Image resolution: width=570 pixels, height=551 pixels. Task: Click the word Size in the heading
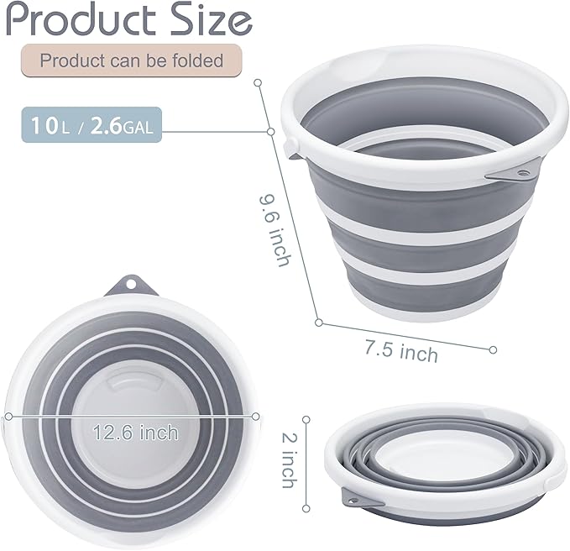210,19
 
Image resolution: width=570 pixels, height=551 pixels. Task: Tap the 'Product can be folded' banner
132,60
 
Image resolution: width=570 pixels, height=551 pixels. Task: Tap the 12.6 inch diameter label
136,433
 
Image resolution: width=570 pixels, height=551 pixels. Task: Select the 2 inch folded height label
287,458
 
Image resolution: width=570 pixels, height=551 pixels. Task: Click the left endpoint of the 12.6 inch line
8,416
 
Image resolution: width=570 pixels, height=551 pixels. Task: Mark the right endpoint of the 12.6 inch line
256,414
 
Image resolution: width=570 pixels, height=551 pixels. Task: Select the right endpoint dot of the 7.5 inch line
493,349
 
